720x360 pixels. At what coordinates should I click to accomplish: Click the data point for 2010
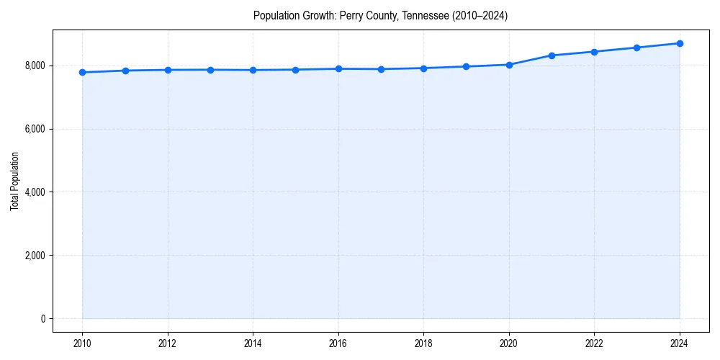coord(83,72)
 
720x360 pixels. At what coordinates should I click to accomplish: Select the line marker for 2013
coord(210,70)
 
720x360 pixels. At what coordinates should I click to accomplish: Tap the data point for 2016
coord(338,68)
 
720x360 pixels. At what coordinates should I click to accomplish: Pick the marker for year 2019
coord(467,66)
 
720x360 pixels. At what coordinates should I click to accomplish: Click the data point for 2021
coord(552,55)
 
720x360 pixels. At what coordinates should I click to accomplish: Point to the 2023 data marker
coord(636,48)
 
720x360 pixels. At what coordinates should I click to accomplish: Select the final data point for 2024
coord(680,43)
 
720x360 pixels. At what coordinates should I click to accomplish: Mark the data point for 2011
coord(125,71)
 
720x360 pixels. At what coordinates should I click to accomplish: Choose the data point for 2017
coord(381,69)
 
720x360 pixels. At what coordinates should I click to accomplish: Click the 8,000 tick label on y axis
coord(35,66)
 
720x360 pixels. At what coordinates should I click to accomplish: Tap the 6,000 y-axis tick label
coord(35,129)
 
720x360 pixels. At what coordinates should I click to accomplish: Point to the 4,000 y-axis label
coord(35,192)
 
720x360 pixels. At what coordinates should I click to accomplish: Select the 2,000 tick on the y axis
coord(35,256)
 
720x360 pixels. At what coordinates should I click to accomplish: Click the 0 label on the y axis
coord(42,319)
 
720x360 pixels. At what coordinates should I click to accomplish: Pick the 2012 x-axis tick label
coord(168,343)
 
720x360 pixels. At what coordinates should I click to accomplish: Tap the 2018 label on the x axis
coord(423,343)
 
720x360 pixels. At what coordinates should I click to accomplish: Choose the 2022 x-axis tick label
coord(594,343)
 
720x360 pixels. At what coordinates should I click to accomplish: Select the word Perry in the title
coord(351,16)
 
